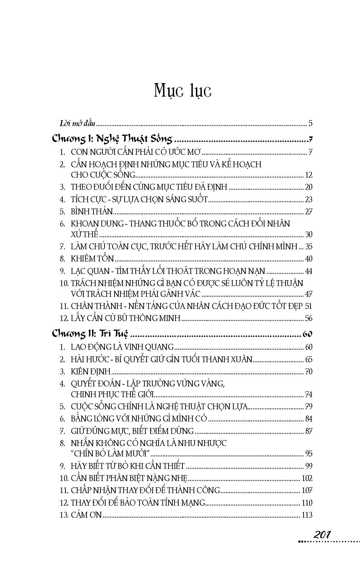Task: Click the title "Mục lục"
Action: click(182, 91)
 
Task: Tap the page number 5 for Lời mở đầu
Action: click(310, 123)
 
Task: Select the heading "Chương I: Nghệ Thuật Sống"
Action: click(112, 139)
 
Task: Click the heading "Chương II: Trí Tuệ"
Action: click(90, 334)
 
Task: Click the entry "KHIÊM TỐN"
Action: click(92, 259)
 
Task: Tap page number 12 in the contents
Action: click(308, 175)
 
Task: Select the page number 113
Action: click(307, 515)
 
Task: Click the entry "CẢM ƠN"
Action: click(86, 515)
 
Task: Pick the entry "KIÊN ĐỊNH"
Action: click(91, 372)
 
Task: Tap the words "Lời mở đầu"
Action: click(77, 123)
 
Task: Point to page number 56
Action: click(308, 318)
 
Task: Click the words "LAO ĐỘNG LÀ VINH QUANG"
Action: click(122, 347)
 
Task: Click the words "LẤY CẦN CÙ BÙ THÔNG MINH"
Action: click(126, 318)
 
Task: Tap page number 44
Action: click(308, 271)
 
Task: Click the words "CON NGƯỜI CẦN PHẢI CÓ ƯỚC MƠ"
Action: click(136, 152)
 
